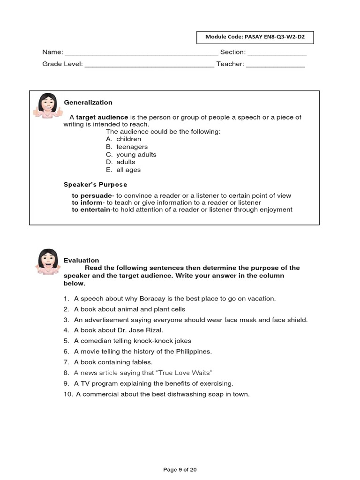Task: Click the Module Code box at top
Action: point(255,37)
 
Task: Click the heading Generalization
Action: point(88,103)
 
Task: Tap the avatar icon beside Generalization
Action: point(47,106)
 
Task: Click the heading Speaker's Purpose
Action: point(95,185)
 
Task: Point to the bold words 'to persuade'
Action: point(92,195)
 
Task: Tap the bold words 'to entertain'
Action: point(90,210)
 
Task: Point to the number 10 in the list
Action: point(67,394)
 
